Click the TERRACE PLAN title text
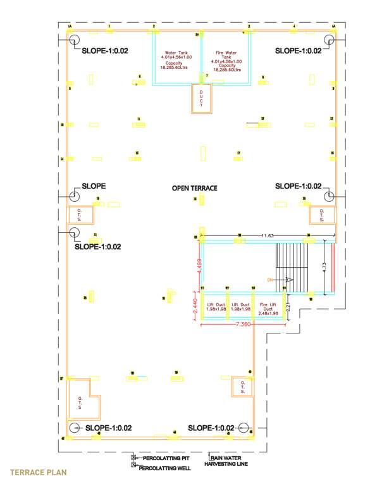tap(38, 472)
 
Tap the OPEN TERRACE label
tap(195, 189)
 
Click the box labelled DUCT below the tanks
tap(202, 98)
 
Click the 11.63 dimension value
tap(268, 235)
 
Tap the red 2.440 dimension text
tap(194, 304)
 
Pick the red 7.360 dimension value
tap(244, 325)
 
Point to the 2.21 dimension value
tap(288, 309)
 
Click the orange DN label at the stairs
tap(269, 279)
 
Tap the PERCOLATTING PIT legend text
tap(166, 457)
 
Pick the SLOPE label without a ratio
tap(94, 186)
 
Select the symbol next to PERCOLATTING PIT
tap(133, 457)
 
